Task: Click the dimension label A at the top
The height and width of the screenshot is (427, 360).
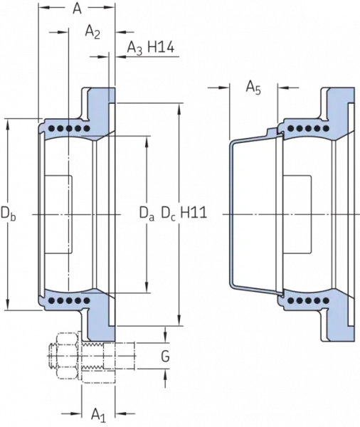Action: pos(77,9)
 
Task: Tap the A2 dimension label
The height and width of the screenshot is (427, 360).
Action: pos(92,32)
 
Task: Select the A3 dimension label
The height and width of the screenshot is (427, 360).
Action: pos(134,49)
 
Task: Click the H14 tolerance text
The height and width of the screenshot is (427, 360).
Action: pos(161,48)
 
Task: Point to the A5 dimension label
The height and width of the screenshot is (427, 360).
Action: pos(253,88)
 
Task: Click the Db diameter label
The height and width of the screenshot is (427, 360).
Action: pos(8,213)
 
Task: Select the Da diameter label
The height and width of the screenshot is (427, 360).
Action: pos(147,213)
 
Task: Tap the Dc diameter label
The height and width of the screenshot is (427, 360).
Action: pos(169,213)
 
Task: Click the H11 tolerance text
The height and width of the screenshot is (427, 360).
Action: pos(194,212)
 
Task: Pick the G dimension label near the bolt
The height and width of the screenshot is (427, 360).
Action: pos(165,357)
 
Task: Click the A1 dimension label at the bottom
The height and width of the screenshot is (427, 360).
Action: pos(99,416)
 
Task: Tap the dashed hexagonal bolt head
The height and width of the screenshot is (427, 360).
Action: pos(66,356)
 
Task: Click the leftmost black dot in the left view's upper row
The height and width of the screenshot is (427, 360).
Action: pos(51,128)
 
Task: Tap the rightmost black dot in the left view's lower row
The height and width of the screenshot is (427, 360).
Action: pos(87,300)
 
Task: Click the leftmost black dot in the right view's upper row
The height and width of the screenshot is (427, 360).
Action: pos(291,128)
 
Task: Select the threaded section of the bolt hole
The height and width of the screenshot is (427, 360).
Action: pos(92,357)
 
